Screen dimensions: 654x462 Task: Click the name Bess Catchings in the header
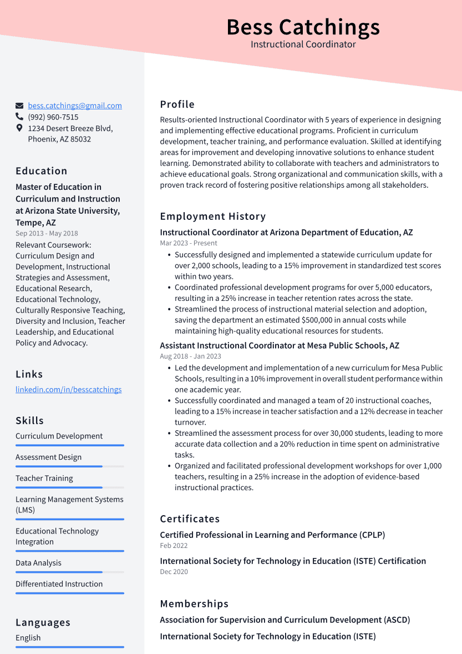(x=303, y=27)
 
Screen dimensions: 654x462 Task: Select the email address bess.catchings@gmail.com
(x=75, y=105)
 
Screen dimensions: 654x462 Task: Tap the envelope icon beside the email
(x=19, y=105)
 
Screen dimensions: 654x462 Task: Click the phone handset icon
(x=19, y=117)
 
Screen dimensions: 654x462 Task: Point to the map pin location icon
(x=19, y=128)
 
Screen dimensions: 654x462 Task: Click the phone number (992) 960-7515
(x=53, y=117)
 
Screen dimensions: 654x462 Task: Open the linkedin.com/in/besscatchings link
(x=68, y=389)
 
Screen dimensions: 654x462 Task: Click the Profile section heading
(x=177, y=104)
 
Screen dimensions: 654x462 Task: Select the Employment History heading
(x=212, y=217)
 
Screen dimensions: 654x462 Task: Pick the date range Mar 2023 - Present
(x=189, y=243)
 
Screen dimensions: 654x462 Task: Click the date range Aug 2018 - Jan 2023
(x=190, y=356)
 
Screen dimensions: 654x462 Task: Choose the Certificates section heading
(x=190, y=519)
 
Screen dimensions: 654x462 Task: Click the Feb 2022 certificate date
(x=174, y=546)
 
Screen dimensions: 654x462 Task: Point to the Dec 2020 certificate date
(x=174, y=572)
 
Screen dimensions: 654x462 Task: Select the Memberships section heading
(x=194, y=604)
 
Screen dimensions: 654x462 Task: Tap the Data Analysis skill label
(x=38, y=563)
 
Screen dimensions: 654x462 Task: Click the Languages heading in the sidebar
(x=43, y=622)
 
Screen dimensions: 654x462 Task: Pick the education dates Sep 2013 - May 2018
(x=47, y=234)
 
